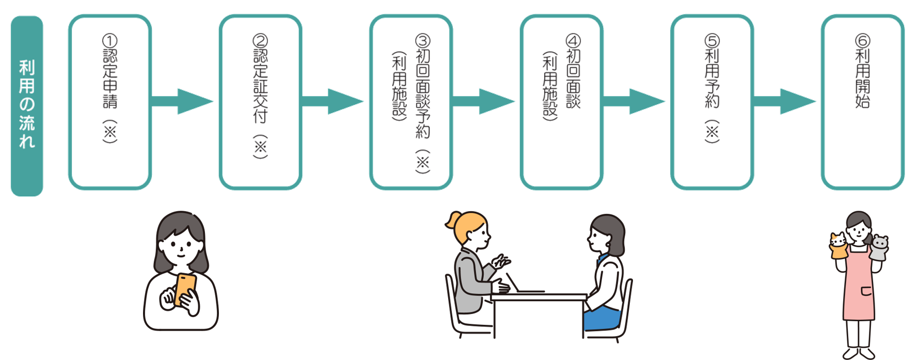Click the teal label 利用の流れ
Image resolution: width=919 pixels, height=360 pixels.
[27, 106]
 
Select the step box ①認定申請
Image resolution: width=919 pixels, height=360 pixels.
[110, 102]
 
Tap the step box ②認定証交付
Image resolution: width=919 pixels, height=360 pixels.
[260, 102]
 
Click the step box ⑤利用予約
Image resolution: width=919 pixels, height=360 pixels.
[712, 102]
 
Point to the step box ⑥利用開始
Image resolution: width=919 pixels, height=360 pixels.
[862, 102]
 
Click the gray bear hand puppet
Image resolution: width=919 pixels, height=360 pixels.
[879, 247]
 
